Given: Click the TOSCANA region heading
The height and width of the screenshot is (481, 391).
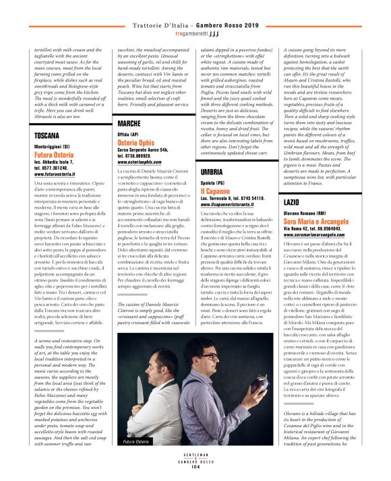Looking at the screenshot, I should pyautogui.click(x=28, y=135).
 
